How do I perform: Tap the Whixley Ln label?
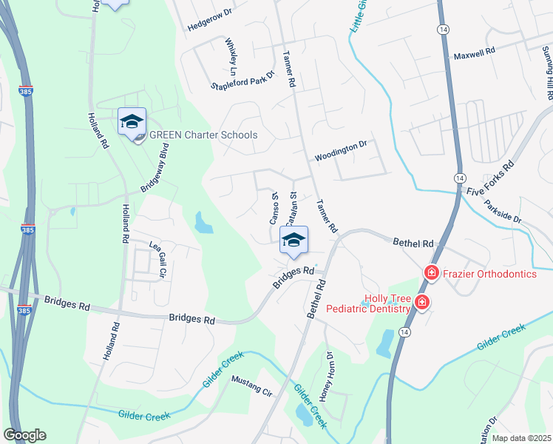(x=231, y=53)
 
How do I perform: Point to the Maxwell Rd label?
(x=474, y=55)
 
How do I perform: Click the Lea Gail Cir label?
(x=159, y=260)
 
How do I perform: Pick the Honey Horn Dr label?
(x=330, y=373)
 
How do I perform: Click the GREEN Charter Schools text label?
(x=203, y=135)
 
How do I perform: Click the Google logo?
(x=24, y=435)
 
